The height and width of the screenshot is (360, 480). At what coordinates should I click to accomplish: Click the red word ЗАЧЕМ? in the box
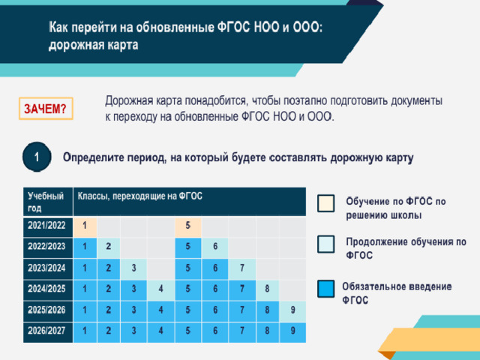click(45, 109)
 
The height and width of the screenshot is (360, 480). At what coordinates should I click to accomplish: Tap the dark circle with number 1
click(37, 157)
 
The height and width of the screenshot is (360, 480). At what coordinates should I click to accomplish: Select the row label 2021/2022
click(46, 226)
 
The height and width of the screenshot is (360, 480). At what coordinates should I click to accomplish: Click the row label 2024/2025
click(46, 289)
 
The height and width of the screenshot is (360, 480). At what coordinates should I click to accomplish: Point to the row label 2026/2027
click(46, 331)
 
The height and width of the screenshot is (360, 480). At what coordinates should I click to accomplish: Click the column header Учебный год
click(46, 202)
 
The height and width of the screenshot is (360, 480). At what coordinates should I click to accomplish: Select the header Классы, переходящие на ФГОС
click(140, 196)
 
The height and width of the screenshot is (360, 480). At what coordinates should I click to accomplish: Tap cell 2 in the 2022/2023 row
click(108, 247)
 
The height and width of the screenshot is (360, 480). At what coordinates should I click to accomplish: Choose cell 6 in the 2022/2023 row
click(215, 247)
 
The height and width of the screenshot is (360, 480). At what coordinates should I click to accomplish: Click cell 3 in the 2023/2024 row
click(133, 268)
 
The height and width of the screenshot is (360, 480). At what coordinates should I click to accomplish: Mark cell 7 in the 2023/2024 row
click(241, 268)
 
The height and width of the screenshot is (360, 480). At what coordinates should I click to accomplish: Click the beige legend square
click(325, 203)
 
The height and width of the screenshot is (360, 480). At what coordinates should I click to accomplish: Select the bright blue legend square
click(325, 289)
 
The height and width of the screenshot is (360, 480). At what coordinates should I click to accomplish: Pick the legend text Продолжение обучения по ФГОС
click(406, 248)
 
